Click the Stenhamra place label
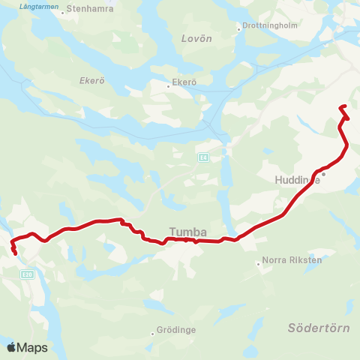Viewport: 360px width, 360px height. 89,10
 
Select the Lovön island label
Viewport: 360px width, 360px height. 197,38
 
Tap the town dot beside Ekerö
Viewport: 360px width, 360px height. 169,85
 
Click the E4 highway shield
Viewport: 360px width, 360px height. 202,157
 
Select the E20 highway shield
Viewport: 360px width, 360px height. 28,274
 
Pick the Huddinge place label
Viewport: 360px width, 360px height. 297,180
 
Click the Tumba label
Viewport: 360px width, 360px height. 187,232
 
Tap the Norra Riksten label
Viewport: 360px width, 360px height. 292,260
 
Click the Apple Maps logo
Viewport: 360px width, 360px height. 27,347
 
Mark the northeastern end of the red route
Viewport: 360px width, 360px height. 343,106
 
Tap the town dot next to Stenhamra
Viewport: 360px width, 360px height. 64,10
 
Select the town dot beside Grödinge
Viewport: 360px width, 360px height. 153,330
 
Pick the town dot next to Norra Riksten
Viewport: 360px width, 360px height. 259,263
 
